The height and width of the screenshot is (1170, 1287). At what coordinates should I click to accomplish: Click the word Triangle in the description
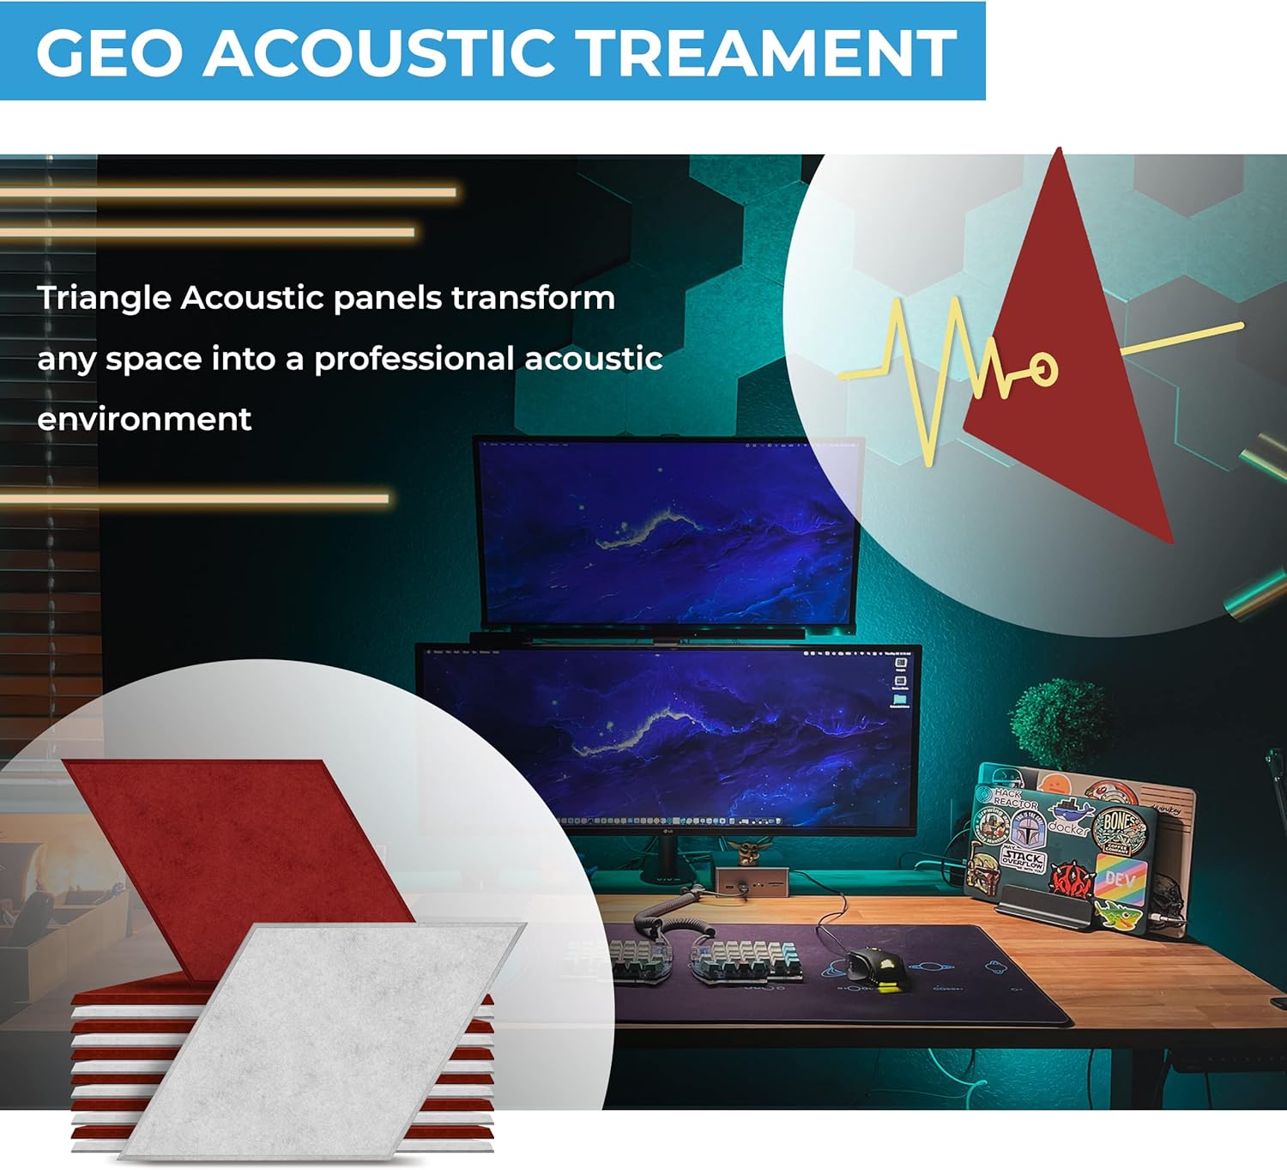pos(104,299)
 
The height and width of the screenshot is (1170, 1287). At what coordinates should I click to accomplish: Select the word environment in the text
pos(144,420)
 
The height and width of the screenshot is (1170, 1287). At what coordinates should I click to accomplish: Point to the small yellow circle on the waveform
pos(1043,368)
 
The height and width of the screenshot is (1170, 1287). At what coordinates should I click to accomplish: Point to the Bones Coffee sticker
pos(1120,827)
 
